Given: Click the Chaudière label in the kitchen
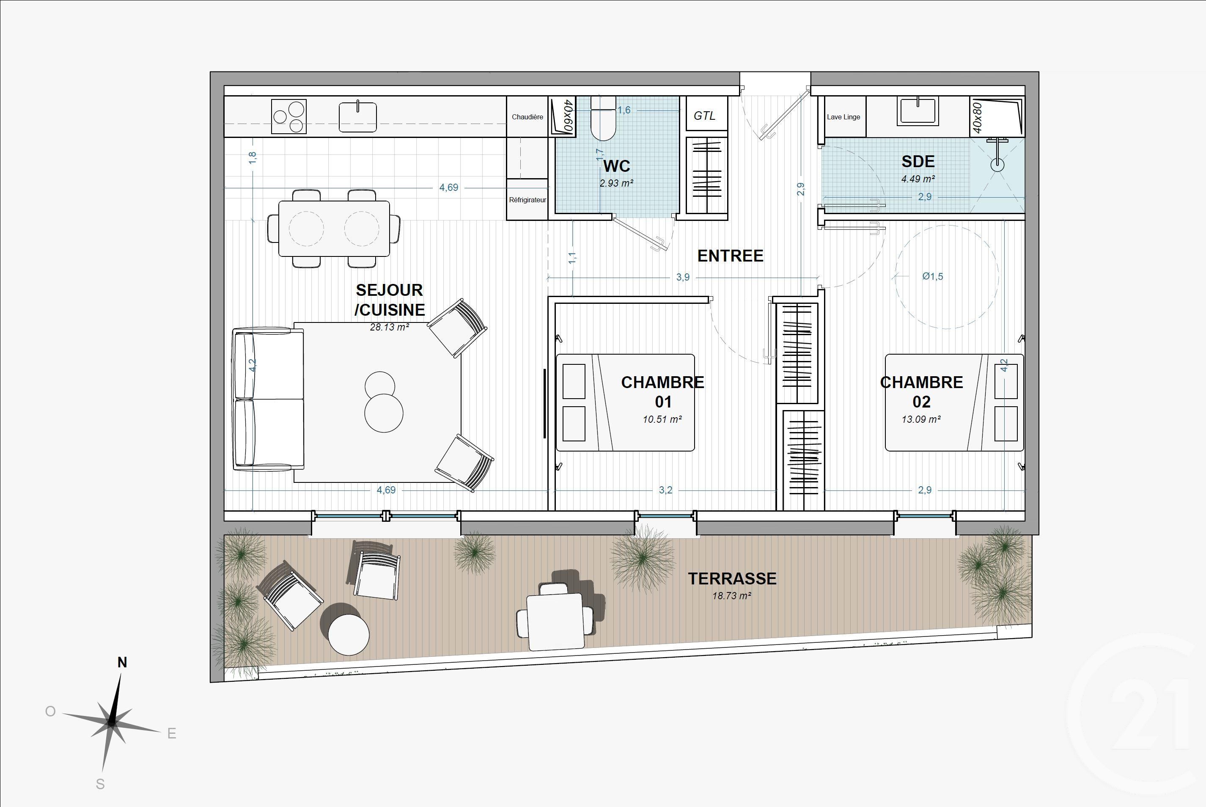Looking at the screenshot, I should pos(527,117).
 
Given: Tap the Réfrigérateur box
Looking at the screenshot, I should pos(527,200).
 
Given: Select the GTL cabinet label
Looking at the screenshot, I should pos(704,116).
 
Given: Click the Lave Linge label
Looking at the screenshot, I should pos(843,117).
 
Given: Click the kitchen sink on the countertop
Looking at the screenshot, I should pos(357,117).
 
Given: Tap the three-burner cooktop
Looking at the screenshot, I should pos(288,117).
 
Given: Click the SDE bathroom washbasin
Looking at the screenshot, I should pos(918,112).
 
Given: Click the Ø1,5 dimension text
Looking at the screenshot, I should pos(932,276).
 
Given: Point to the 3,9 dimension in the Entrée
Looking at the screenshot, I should pos(683,278).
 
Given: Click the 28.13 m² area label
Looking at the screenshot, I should pos(390,327).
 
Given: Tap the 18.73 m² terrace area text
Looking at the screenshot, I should pos(732,596).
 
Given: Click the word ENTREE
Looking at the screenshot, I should pos(730,256).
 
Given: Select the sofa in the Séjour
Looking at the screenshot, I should pos(269,399).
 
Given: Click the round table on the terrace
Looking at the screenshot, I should pos(349,635).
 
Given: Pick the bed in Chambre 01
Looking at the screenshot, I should pos(625,402).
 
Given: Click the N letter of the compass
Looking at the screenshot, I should pos(122,662).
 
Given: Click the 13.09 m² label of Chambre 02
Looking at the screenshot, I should pos(921,419).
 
